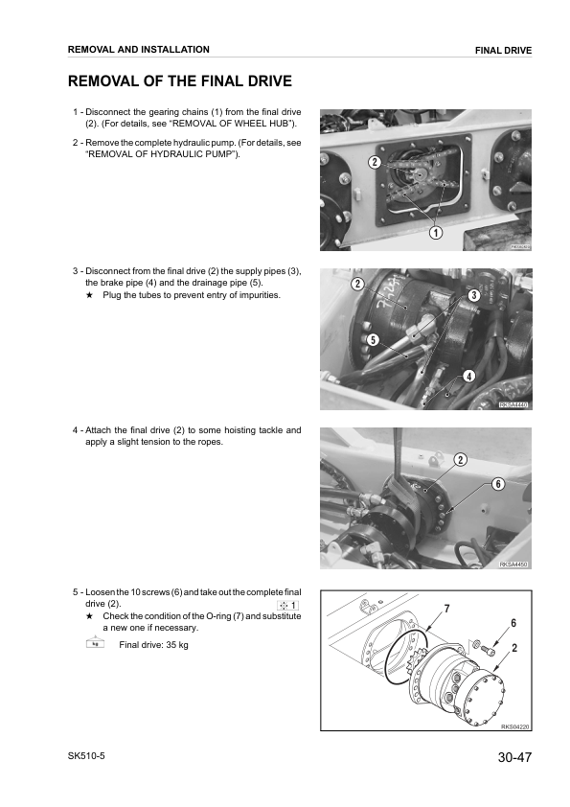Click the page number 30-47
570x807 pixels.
tap(513, 759)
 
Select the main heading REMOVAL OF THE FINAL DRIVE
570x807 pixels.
tap(179, 81)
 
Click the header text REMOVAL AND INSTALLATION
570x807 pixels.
tap(139, 49)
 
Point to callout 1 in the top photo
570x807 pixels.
tap(434, 232)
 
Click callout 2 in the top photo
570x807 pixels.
tap(348, 163)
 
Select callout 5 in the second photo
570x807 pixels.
tap(372, 339)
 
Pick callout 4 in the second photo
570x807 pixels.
tap(468, 376)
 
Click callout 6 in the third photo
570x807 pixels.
tap(498, 484)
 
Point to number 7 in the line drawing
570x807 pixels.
tap(446, 610)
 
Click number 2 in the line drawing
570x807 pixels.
tap(514, 648)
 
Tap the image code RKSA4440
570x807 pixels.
tap(513, 405)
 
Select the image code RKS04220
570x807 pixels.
tap(514, 727)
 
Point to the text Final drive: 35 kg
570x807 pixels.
tap(153, 645)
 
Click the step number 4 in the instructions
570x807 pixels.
tap(76, 429)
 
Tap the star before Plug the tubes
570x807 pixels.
tap(89, 295)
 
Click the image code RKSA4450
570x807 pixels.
tap(513, 565)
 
